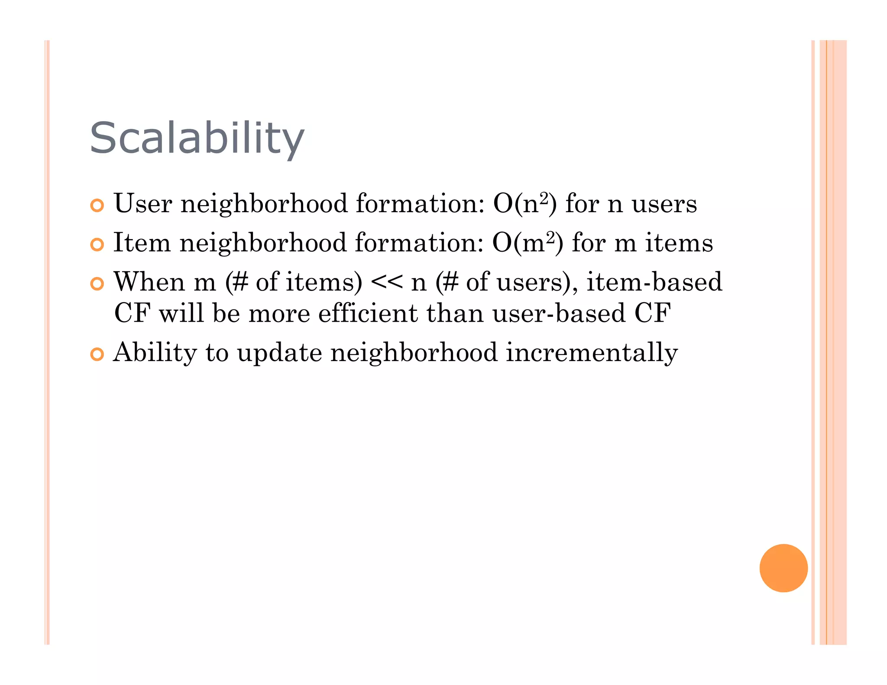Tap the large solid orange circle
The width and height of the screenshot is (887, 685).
pyautogui.click(x=783, y=568)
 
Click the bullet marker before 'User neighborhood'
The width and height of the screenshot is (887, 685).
pyautogui.click(x=97, y=205)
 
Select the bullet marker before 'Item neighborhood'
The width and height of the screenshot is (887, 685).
pyautogui.click(x=97, y=245)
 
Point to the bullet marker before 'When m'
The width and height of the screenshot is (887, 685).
pyautogui.click(x=97, y=284)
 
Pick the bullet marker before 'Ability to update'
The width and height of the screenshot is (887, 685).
pyautogui.click(x=97, y=354)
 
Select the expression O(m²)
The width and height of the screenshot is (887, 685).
pyautogui.click(x=528, y=243)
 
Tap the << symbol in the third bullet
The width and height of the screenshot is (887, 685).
pyautogui.click(x=386, y=283)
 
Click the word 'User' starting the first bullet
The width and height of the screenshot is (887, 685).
pyautogui.click(x=142, y=204)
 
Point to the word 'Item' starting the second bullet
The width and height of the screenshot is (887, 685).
pyautogui.click(x=142, y=243)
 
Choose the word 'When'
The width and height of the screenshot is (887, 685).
pyautogui.click(x=149, y=282)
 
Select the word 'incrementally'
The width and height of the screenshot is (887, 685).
pyautogui.click(x=592, y=353)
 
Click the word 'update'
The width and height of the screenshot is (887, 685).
pyautogui.click(x=279, y=353)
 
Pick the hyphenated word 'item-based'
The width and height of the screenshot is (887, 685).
pyautogui.click(x=654, y=282)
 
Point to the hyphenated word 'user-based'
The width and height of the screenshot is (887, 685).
pyautogui.click(x=559, y=313)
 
